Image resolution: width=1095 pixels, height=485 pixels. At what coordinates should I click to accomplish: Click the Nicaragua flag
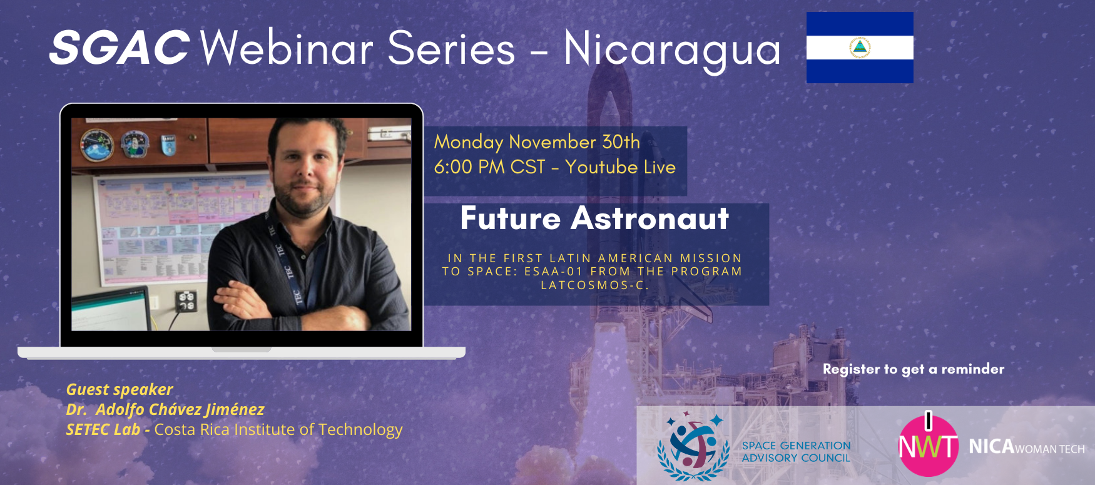point(860,48)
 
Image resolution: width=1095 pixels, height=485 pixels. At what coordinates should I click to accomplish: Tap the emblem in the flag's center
point(860,48)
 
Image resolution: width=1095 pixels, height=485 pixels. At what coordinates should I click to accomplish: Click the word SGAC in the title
point(120,48)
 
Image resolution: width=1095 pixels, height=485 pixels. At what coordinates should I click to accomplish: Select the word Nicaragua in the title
point(673,50)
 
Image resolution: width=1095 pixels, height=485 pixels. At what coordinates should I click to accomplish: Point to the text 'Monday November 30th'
point(537,142)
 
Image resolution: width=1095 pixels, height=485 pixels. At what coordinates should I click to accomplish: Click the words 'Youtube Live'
point(620,167)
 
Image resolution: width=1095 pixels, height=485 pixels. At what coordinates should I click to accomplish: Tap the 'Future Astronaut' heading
point(594,218)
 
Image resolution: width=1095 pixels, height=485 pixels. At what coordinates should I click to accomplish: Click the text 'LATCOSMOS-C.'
point(595,285)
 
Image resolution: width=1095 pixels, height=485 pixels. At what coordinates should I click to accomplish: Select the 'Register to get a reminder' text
point(914,369)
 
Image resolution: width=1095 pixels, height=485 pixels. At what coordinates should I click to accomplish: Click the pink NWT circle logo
point(929,446)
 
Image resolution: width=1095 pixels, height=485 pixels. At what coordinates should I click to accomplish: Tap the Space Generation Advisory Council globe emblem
point(693,446)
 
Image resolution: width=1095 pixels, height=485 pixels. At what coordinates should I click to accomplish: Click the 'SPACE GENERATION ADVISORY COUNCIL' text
point(797,452)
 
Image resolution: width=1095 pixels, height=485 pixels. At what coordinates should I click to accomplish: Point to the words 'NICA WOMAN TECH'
point(1027,447)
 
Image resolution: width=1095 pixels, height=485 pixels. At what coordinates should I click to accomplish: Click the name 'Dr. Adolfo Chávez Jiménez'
point(165,410)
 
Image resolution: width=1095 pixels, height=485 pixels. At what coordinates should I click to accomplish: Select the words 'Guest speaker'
point(120,390)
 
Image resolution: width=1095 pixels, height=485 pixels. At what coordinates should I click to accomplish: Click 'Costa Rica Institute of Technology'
point(278,430)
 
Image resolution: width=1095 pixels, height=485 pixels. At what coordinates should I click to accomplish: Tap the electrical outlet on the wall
point(186,301)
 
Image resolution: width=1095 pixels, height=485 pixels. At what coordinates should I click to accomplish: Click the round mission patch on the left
point(97,145)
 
